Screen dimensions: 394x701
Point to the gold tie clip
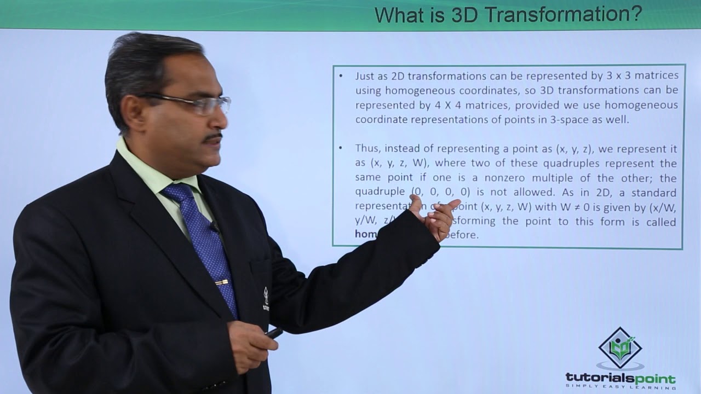point(222,282)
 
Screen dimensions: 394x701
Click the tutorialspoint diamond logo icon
point(620,348)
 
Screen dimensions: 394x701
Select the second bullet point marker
point(341,149)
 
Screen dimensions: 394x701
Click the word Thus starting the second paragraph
point(367,149)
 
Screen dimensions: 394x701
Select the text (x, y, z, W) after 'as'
point(395,164)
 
